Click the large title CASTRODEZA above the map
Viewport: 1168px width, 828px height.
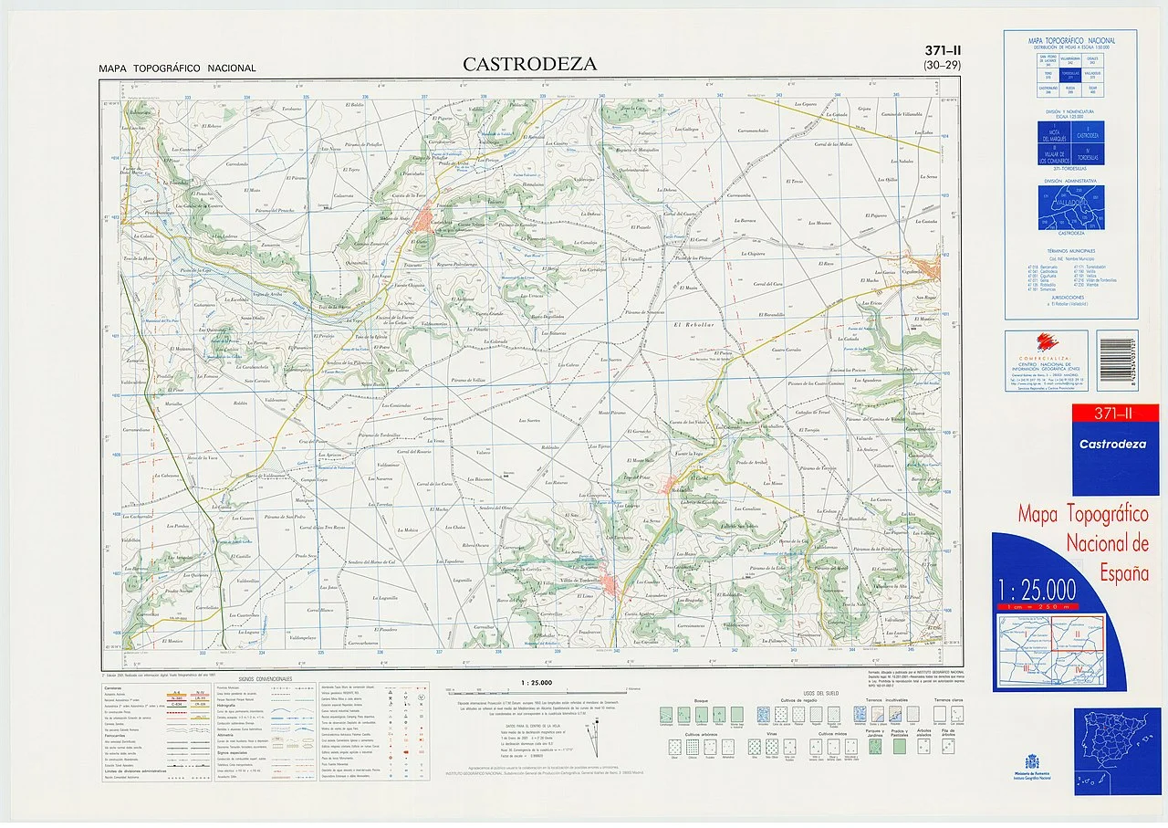coord(529,64)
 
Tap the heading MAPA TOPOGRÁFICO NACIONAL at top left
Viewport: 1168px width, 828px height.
coord(178,68)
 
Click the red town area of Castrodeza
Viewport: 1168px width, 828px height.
coord(425,220)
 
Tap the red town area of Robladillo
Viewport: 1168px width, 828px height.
coord(681,486)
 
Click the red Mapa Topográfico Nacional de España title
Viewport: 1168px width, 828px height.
coord(1083,546)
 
